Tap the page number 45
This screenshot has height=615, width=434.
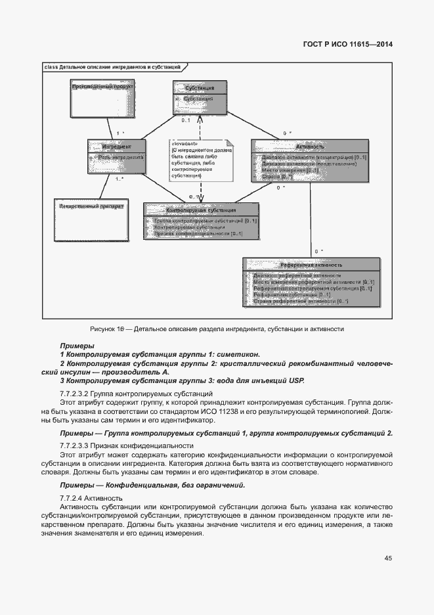point(388,558)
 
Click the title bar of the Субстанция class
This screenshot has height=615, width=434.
point(200,87)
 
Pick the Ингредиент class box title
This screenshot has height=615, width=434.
point(116,146)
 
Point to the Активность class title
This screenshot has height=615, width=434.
point(310,147)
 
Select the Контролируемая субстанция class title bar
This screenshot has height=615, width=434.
point(201,210)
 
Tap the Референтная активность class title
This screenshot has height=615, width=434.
point(311,264)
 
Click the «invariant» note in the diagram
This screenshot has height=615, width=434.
point(200,159)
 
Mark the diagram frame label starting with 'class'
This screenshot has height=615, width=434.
point(112,67)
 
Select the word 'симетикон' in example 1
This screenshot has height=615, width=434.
point(240,353)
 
